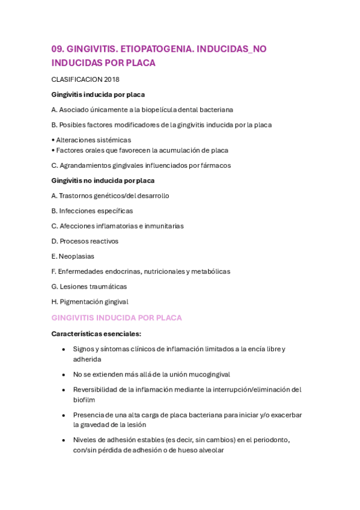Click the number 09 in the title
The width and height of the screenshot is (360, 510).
tap(57, 49)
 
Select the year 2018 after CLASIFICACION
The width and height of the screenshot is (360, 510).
tap(112, 79)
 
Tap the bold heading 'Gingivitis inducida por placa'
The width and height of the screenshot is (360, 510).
tap(98, 94)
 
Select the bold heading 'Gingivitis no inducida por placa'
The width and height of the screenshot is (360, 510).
tap(103, 180)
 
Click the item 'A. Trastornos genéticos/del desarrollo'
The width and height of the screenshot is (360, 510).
tap(110, 195)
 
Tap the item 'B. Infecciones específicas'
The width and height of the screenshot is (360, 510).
tap(92, 211)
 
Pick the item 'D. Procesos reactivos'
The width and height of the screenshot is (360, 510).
tap(85, 241)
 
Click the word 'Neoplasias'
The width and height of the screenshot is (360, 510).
tap(76, 256)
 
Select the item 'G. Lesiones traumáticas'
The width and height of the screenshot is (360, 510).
tap(89, 286)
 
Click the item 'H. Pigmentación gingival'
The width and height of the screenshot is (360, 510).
tap(90, 302)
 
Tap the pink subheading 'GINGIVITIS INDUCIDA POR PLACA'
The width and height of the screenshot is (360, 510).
tap(117, 318)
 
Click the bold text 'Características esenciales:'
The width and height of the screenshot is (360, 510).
tap(96, 333)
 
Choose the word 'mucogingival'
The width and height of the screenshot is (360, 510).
tap(210, 374)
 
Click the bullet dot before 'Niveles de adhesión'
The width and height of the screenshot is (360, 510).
tap(64, 440)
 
